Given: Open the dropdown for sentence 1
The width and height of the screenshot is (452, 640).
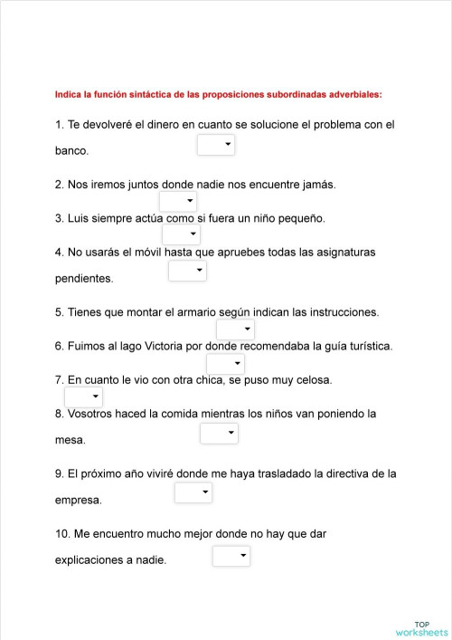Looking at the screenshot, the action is pyautogui.click(x=215, y=145).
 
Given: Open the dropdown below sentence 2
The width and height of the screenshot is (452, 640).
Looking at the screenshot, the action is pyautogui.click(x=177, y=201).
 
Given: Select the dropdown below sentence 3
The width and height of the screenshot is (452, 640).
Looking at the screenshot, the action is pyautogui.click(x=181, y=235).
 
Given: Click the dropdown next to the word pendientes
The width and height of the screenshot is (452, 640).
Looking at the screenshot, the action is pyautogui.click(x=187, y=271).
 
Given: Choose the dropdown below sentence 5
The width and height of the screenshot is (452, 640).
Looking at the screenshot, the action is pyautogui.click(x=235, y=330).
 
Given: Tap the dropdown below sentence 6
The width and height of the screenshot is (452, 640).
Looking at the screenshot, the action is pyautogui.click(x=225, y=364).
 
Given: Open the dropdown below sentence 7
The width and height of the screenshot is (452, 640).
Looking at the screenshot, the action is pyautogui.click(x=83, y=397).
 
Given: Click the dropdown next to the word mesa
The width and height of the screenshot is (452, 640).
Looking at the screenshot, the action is pyautogui.click(x=219, y=435).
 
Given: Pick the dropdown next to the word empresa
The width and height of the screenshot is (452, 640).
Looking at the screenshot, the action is pyautogui.click(x=193, y=492).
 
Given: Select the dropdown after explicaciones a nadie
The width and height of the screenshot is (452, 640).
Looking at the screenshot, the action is pyautogui.click(x=231, y=557).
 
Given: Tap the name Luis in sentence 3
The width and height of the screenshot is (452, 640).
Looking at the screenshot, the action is pyautogui.click(x=80, y=218).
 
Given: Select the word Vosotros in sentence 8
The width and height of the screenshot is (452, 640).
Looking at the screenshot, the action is pyautogui.click(x=92, y=414).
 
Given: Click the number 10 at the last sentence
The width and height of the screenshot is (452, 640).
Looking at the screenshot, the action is pyautogui.click(x=61, y=534).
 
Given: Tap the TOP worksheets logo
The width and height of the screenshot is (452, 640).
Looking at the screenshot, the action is pyautogui.click(x=421, y=628).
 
